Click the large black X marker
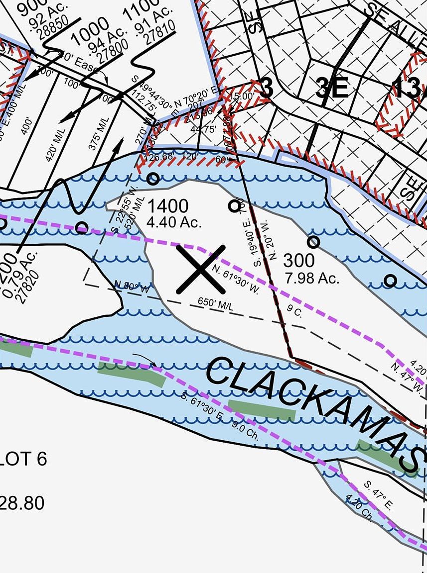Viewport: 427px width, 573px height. point(200,269)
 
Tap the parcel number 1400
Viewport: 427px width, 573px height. point(167,205)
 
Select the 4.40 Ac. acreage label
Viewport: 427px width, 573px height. point(174,221)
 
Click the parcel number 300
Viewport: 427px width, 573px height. point(299,260)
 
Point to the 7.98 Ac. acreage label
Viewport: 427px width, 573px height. point(312,277)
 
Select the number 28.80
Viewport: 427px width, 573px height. point(22,503)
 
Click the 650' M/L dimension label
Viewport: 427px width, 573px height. point(216,304)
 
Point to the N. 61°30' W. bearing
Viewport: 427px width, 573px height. point(236,279)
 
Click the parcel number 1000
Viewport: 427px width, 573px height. point(90,30)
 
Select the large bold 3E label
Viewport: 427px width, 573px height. point(332,89)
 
